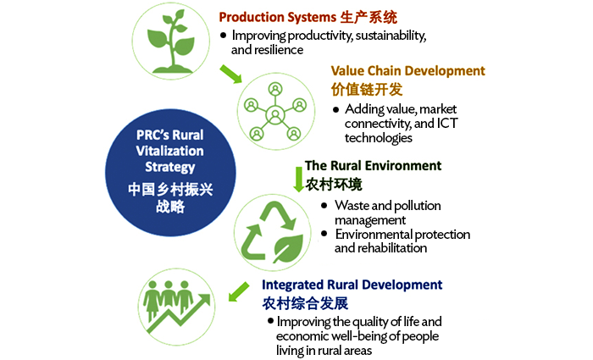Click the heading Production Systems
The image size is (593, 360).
278,17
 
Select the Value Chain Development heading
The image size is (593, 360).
407,70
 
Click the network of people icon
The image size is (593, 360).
275,111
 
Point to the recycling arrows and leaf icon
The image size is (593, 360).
272,232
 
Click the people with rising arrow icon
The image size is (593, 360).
176,307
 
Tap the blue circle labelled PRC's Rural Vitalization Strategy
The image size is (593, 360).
170,173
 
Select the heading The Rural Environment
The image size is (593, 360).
374,166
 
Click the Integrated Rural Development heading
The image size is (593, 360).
352,285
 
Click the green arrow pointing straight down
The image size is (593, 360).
298,180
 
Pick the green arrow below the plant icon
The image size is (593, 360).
230,74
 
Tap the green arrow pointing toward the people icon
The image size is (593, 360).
239,291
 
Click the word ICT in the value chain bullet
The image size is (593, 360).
447,124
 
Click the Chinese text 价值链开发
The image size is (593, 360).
367,90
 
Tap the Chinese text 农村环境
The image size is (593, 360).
334,185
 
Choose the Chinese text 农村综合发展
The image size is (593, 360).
305,303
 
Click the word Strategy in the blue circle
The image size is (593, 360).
170,167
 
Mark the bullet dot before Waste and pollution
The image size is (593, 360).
324,205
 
